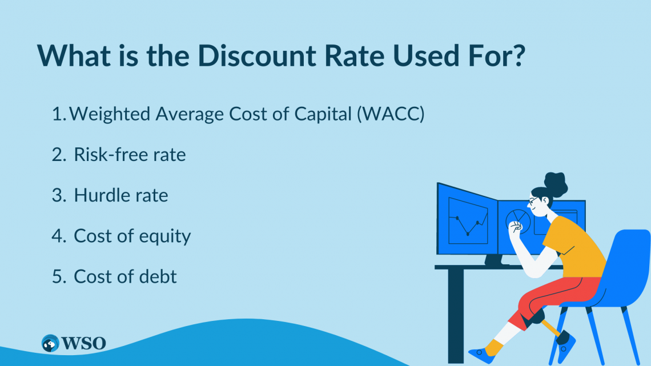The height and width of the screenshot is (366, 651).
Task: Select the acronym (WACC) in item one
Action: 391,114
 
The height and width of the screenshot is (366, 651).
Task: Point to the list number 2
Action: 59,155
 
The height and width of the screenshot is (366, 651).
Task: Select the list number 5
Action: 59,277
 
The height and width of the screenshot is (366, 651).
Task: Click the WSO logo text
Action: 83,343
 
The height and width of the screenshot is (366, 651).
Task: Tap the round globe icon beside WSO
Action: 50,343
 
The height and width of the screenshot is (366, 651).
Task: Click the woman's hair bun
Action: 556,184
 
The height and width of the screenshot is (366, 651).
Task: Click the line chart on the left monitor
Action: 468,224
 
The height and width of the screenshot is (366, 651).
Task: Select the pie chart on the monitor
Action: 518,220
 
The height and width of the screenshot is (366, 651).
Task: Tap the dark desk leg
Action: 456,315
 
